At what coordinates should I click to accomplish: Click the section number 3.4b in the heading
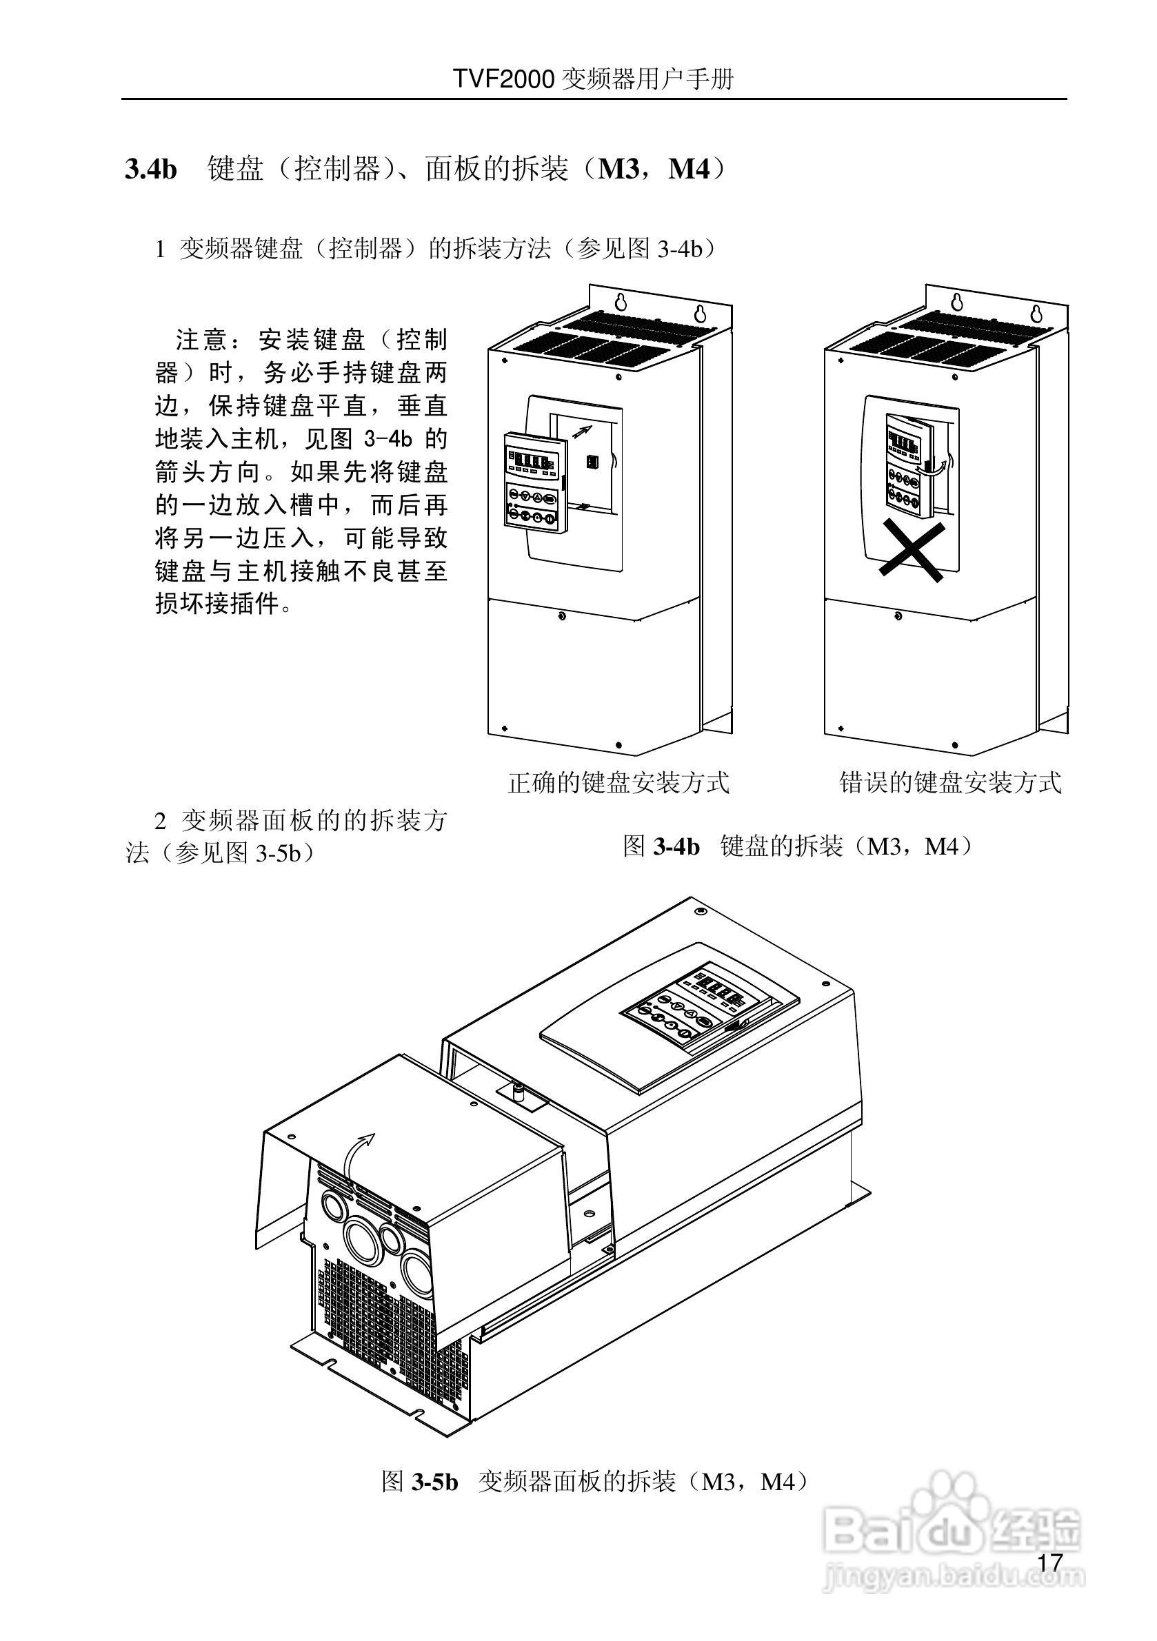(151, 171)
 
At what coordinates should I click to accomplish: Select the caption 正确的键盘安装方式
(618, 783)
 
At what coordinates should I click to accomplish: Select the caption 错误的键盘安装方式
(949, 783)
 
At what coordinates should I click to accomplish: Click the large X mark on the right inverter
(912, 551)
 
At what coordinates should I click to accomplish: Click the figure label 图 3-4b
(661, 847)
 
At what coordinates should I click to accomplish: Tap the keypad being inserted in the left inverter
(534, 480)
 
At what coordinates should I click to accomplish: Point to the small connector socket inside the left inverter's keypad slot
(592, 462)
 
